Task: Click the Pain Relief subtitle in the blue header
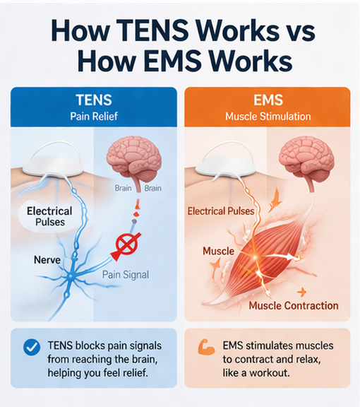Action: pyautogui.click(x=94, y=116)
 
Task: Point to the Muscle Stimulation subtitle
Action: pyautogui.click(x=268, y=116)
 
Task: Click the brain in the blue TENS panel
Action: pyautogui.click(x=134, y=163)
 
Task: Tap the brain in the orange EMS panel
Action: pyautogui.click(x=306, y=163)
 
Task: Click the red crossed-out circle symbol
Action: pyautogui.click(x=126, y=244)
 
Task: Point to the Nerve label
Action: pyautogui.click(x=47, y=259)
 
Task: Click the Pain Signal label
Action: pyautogui.click(x=126, y=275)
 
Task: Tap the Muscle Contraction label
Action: pyautogui.click(x=294, y=305)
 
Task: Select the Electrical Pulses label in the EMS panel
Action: pyautogui.click(x=221, y=211)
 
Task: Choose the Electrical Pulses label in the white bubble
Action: pyautogui.click(x=49, y=216)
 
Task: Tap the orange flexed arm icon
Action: pyautogui.click(x=206, y=347)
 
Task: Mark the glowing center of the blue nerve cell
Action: pyautogui.click(x=69, y=276)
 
